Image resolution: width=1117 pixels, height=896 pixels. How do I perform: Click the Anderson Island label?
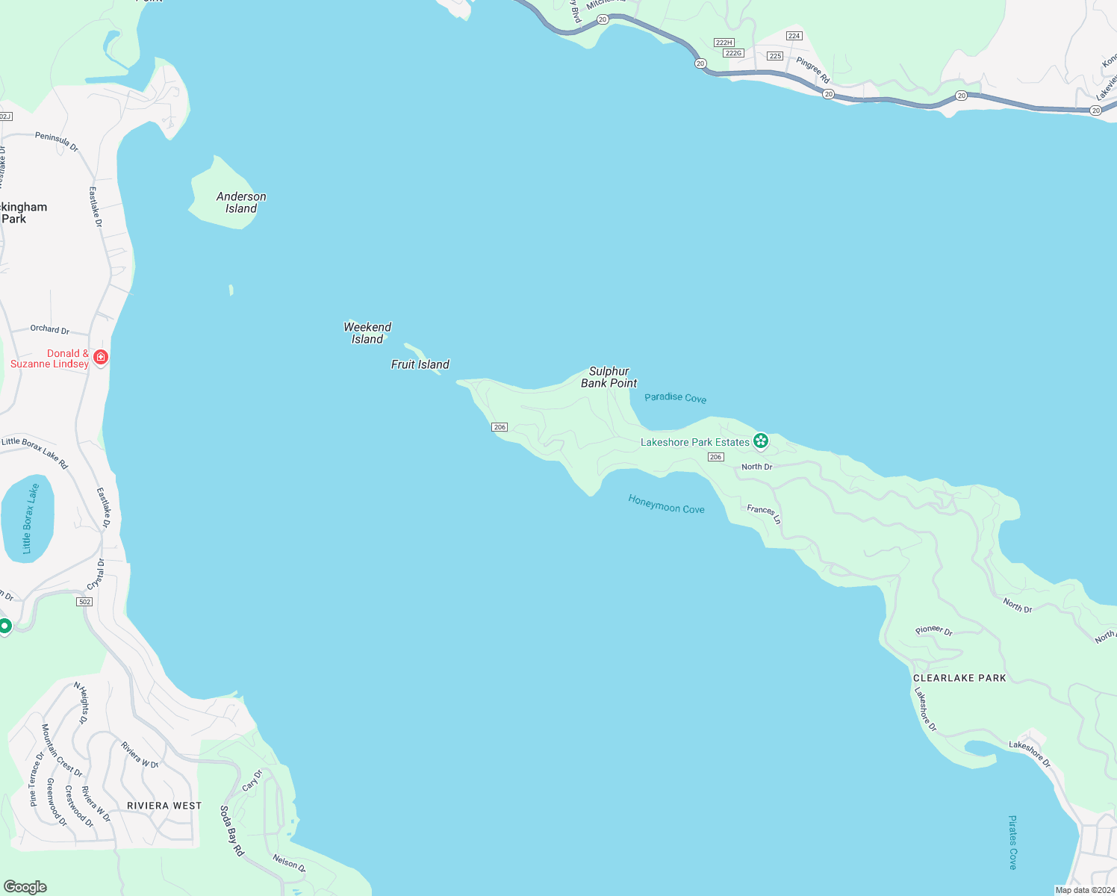(x=241, y=202)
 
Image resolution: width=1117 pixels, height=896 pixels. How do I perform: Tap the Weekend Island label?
(x=367, y=333)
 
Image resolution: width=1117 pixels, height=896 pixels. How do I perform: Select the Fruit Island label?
(x=420, y=364)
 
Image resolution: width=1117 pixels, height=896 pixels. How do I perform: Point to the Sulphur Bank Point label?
(x=609, y=377)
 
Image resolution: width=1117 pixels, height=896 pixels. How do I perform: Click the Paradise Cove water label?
(x=675, y=398)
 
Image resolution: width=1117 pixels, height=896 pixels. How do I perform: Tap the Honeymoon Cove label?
(x=666, y=505)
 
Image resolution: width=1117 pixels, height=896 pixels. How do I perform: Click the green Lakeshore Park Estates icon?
(x=761, y=442)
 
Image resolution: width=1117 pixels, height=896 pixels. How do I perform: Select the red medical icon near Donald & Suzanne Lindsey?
(x=101, y=358)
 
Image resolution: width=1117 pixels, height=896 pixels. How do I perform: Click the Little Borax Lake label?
(x=30, y=519)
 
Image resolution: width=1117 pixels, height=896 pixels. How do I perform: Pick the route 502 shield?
(x=84, y=602)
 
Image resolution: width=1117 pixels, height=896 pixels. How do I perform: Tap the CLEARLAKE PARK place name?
(x=959, y=678)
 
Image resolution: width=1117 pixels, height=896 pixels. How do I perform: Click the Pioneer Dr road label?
(x=934, y=630)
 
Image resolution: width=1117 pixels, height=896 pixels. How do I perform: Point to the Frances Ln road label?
(x=764, y=513)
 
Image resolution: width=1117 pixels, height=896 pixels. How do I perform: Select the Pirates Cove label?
(x=1012, y=842)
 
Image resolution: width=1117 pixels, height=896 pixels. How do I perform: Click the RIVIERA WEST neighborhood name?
(x=164, y=806)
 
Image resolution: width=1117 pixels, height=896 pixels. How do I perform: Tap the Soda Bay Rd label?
(x=231, y=830)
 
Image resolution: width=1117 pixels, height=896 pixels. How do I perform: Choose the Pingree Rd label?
(x=812, y=69)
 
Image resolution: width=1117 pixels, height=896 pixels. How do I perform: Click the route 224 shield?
(x=794, y=36)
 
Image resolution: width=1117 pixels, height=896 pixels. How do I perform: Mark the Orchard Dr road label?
(x=50, y=329)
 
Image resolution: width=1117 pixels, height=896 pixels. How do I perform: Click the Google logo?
(x=25, y=887)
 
